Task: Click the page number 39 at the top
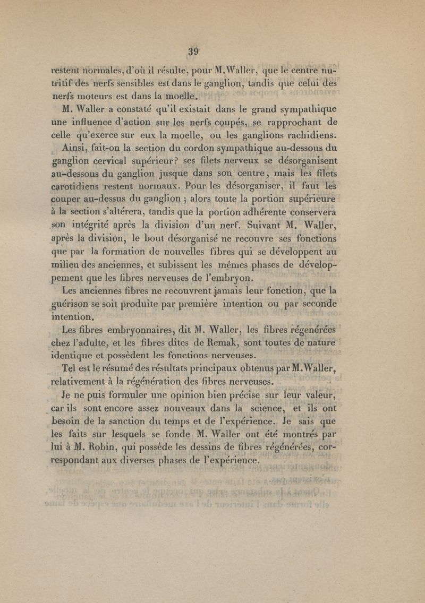coord(192,51)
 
